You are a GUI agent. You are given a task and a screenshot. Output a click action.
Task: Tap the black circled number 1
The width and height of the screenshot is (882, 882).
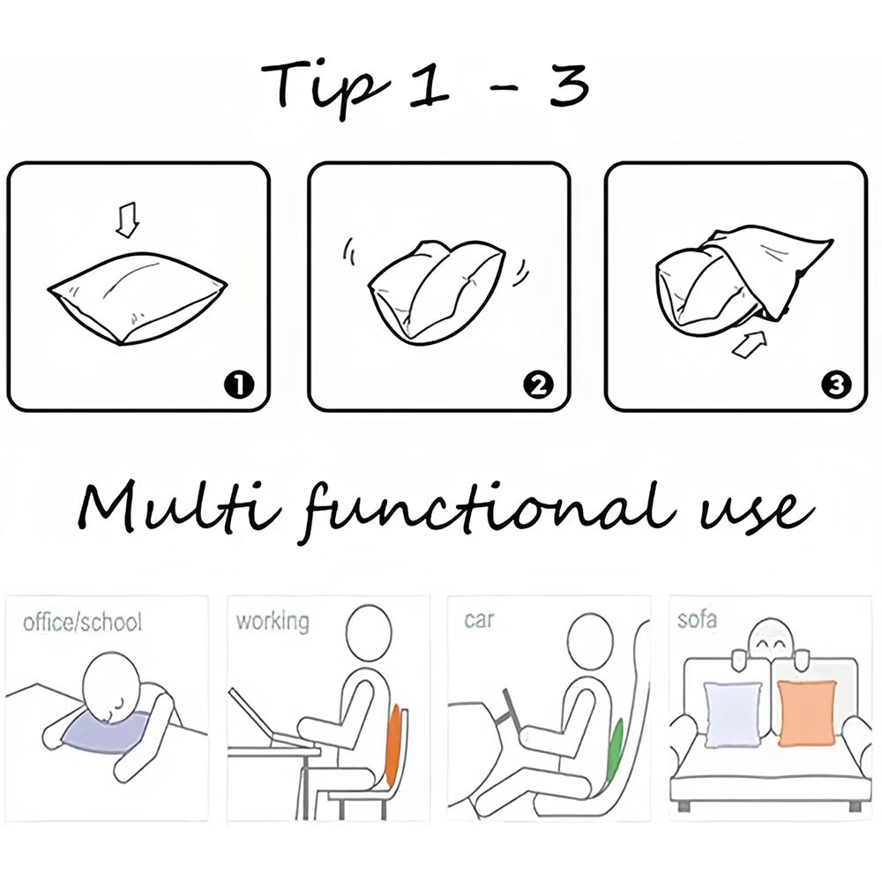pos(239,385)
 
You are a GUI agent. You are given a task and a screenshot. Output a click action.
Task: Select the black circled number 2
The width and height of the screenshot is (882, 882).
pos(538,385)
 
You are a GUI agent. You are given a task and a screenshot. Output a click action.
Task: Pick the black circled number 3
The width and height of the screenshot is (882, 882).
pos(836,385)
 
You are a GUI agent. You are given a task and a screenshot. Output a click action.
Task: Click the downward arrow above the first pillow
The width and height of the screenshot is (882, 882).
pos(127,220)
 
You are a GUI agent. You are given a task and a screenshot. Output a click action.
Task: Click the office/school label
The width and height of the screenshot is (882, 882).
pos(82,623)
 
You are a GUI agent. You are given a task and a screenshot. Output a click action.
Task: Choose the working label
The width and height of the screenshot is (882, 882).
pos(273,622)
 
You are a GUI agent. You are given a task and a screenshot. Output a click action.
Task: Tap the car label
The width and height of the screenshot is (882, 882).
pos(479,620)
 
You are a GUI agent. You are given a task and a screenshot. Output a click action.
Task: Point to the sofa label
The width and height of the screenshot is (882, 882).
pos(697,619)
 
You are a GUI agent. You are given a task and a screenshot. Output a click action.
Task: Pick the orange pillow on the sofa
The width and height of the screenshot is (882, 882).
pos(806,714)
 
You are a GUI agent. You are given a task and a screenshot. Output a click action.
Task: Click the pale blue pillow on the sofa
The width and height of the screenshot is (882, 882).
pos(733,715)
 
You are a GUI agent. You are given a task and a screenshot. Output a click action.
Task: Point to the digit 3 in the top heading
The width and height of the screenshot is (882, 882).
pos(569,85)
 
